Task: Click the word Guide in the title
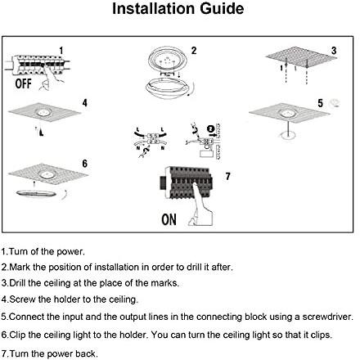pos(222,8)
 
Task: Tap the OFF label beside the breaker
pos(23,83)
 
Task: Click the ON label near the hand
pos(169,219)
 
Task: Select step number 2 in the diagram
pos(194,51)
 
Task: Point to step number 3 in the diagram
pos(334,51)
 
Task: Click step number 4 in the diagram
pos(85,103)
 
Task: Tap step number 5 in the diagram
pos(320,103)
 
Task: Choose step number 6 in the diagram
pos(85,164)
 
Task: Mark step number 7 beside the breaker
pos(228,177)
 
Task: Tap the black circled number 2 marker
pos(210,128)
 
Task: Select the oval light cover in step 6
pos(36,194)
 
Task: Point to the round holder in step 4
pos(43,112)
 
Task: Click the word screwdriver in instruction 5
pos(327,317)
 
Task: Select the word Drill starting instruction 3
pos(17,283)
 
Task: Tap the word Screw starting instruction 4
pos(22,299)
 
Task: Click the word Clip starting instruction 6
pos(17,335)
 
